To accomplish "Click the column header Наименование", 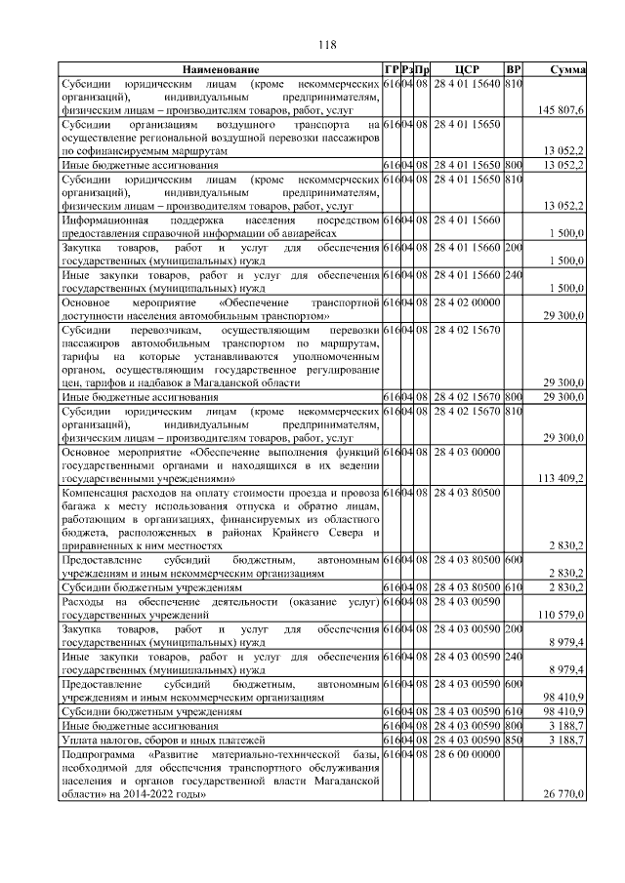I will coord(219,70).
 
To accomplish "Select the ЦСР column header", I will coord(466,70).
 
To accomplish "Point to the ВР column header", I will coord(514,70).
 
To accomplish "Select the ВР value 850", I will coord(514,742).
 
